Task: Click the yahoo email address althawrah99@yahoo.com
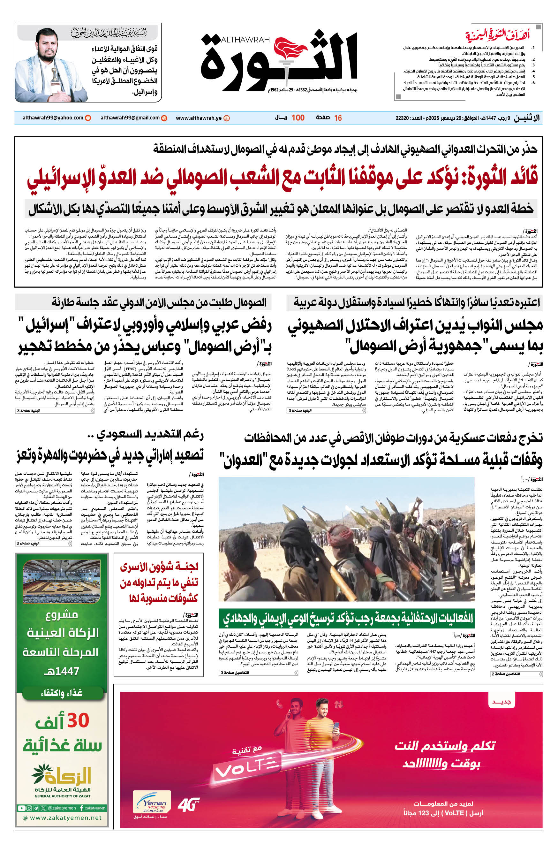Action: click(x=53, y=118)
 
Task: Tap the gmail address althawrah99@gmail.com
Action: click(x=130, y=118)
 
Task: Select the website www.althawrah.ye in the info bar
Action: click(x=199, y=118)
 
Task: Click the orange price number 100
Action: click(x=298, y=118)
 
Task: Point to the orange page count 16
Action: click(x=338, y=118)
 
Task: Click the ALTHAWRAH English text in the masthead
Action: click(x=245, y=40)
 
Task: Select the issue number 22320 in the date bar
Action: click(x=402, y=118)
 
